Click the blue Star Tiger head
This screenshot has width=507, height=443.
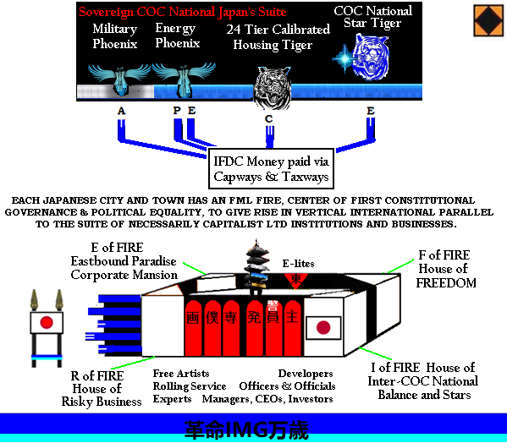tap(371, 57)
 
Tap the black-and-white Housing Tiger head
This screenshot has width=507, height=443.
tap(273, 87)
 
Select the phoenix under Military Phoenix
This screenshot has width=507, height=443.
tap(119, 79)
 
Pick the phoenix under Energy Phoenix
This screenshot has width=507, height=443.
tap(184, 79)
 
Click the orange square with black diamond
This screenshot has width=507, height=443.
tap(488, 20)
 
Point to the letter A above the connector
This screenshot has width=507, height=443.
tap(121, 111)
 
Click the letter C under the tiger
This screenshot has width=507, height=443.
tap(268, 119)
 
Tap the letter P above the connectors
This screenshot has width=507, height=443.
tap(177, 111)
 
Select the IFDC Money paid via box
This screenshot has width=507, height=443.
tap(271, 168)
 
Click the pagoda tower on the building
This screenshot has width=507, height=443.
tap(257, 267)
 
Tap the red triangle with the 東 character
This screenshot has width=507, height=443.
tap(295, 280)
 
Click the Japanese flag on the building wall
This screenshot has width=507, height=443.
tap(323, 328)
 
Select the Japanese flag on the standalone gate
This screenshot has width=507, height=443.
tap(47, 322)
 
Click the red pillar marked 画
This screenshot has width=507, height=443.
tap(193, 328)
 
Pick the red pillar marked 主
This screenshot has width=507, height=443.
tap(293, 328)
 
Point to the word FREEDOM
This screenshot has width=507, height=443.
tap(446, 283)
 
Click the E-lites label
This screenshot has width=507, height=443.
tap(298, 264)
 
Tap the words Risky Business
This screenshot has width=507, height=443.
tap(102, 402)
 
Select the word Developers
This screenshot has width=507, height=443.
tap(306, 374)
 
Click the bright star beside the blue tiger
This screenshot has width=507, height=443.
tap(344, 59)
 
